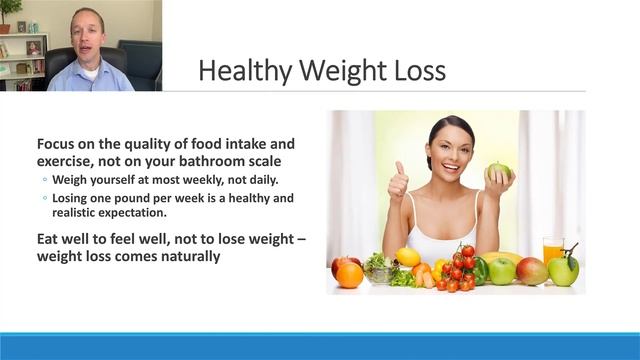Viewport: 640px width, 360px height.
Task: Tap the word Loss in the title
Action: click(417, 72)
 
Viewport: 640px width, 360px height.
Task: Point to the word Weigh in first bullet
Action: click(72, 179)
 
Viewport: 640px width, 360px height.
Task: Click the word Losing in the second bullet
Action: click(75, 198)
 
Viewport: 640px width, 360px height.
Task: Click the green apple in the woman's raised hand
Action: click(498, 172)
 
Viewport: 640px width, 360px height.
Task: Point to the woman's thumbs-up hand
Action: click(397, 183)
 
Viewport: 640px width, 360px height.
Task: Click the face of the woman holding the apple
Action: click(451, 148)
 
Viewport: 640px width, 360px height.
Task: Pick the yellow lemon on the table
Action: click(408, 256)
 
